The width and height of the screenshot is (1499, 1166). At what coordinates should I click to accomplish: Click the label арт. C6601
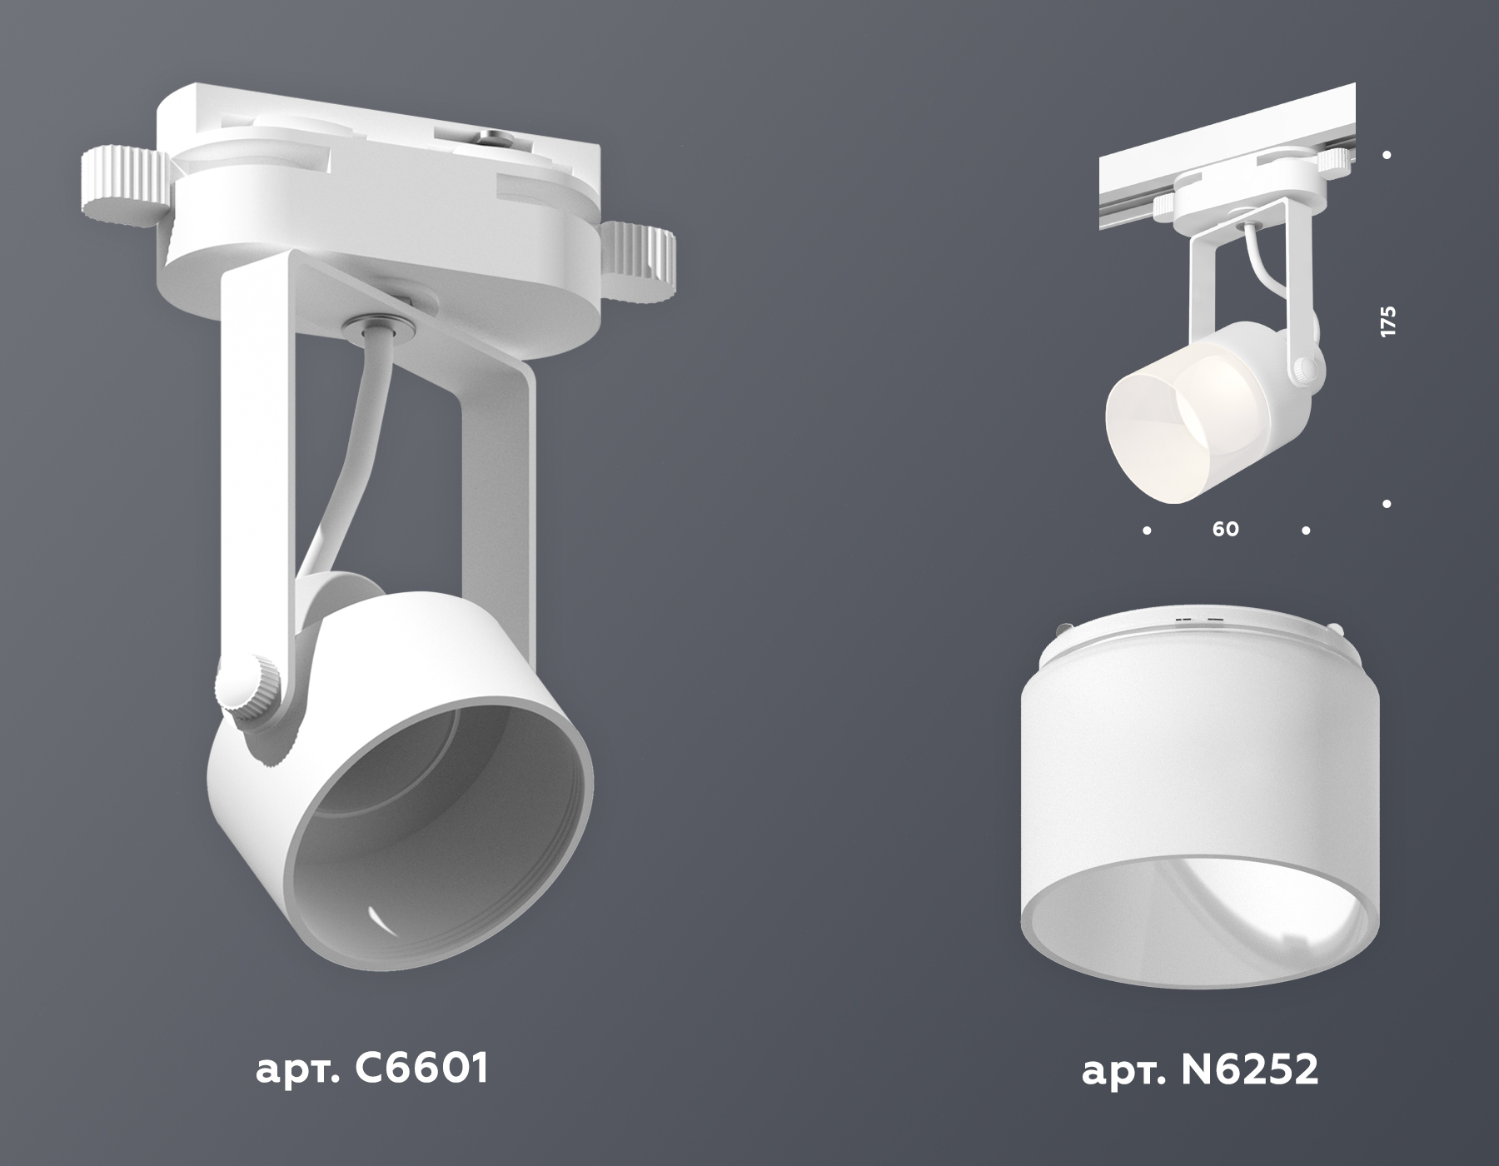point(371,1069)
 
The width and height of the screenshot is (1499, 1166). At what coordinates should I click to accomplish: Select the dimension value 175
point(1387,321)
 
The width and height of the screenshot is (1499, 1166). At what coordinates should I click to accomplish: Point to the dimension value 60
point(1225,530)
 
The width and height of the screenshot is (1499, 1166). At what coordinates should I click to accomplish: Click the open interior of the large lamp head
point(441,800)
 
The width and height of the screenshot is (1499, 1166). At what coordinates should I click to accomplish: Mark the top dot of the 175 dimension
point(1387,155)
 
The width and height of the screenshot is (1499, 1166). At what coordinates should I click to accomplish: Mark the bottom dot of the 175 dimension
point(1387,503)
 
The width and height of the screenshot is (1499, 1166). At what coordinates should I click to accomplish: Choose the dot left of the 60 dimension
point(1148,530)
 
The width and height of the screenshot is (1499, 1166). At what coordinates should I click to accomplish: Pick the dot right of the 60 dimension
point(1306,530)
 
